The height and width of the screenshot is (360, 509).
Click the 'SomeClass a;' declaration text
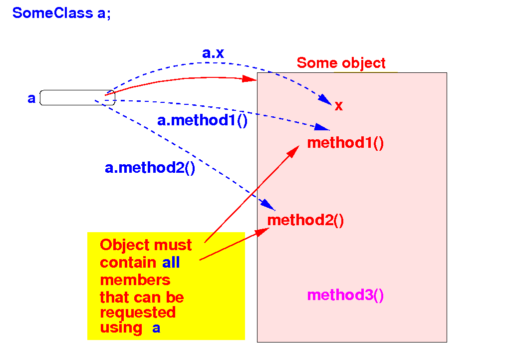tap(61, 13)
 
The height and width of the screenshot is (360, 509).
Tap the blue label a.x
tap(213, 53)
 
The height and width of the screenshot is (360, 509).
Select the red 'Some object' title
tap(341, 63)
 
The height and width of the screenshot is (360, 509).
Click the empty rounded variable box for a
tap(77, 98)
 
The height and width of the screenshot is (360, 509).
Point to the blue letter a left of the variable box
tap(31, 98)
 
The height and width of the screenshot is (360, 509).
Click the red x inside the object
tap(338, 106)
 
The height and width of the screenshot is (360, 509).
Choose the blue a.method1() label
tap(202, 120)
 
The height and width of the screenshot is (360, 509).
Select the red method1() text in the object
tap(345, 143)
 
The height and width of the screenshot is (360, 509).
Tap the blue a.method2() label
tap(150, 168)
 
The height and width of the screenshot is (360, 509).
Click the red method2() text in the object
tap(305, 220)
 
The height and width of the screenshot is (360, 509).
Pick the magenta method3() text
tap(345, 296)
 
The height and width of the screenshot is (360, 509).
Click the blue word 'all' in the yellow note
tap(171, 263)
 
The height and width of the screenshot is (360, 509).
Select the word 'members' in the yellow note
tap(135, 280)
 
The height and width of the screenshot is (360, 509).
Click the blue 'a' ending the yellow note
tap(156, 329)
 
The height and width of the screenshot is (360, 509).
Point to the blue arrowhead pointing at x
tap(325, 99)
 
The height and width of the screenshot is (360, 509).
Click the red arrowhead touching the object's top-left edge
tap(250, 78)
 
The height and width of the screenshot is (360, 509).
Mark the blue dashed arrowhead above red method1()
tap(322, 127)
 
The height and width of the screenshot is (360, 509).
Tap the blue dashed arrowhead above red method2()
tap(268, 205)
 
